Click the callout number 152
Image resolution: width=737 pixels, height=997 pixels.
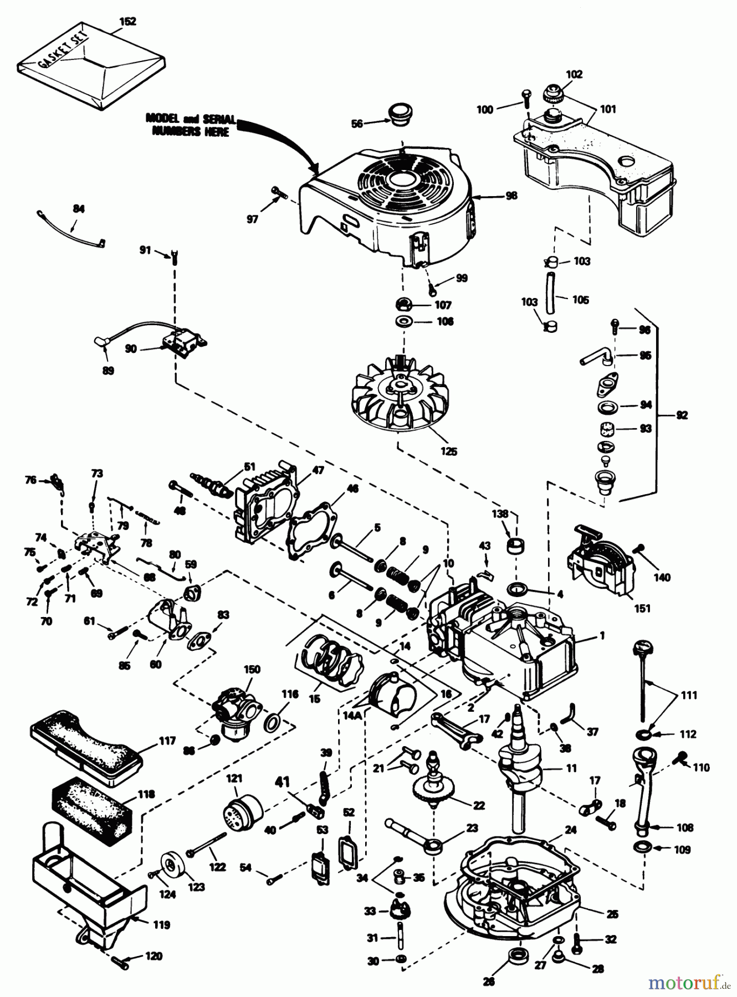127,22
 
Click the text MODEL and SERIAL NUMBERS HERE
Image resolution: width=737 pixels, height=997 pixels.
191,125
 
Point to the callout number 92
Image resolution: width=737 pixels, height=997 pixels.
682,415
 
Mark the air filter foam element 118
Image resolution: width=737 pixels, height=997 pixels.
91,814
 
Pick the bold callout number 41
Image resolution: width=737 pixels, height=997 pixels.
283,782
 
